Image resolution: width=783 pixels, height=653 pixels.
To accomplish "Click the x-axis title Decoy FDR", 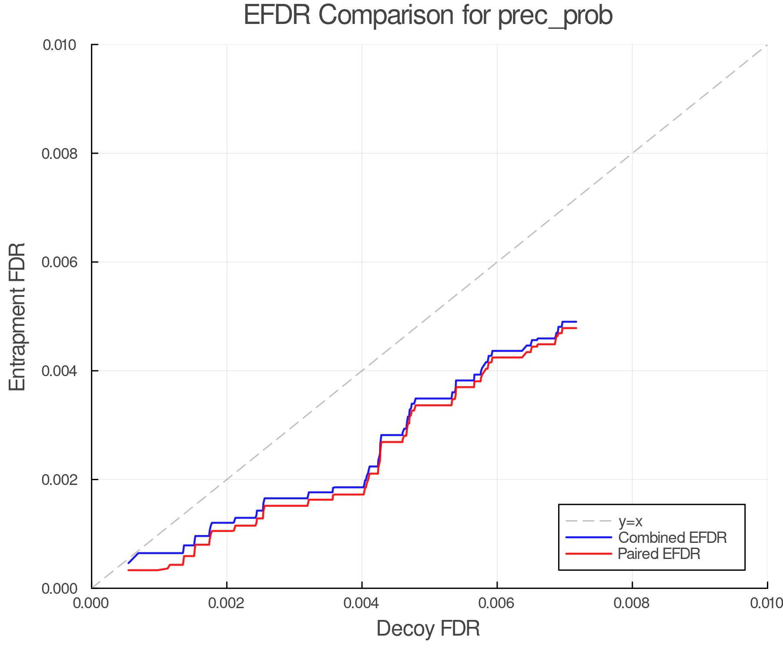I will pos(428,628).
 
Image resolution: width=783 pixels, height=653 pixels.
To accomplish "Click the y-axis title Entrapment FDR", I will pos(17,316).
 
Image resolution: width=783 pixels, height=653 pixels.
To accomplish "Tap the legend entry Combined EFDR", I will pos(672,538).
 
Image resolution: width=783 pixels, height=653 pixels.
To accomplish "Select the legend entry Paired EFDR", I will pos(659,554).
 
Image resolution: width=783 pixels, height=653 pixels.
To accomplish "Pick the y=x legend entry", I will pos(630,521).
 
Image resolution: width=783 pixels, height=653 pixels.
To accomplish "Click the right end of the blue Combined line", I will pos(576,322).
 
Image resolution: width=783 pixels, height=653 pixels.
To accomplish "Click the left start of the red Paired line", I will pos(128,570).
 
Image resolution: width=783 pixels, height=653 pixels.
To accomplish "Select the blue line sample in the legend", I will pos(589,538).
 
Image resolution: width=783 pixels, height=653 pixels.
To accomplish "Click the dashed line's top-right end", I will pos(767,45).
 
